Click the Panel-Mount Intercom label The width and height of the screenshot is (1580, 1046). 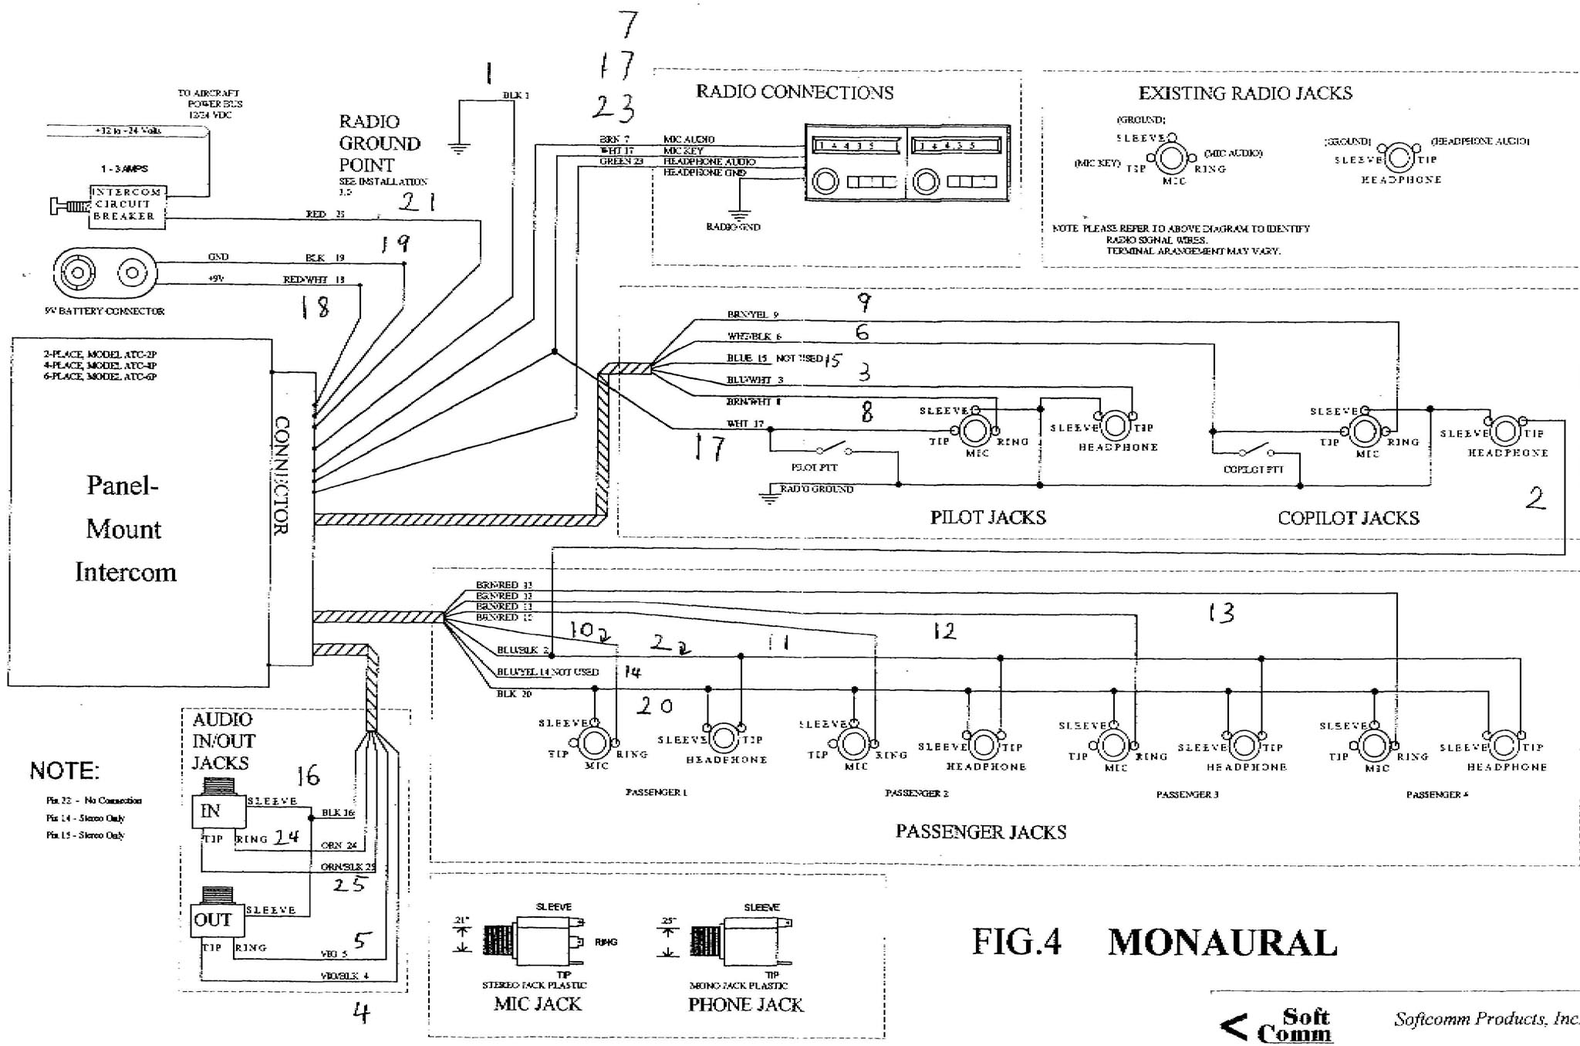pyautogui.click(x=124, y=529)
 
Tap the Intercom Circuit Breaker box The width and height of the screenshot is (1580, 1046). pyautogui.click(x=127, y=205)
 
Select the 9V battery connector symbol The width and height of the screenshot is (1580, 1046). pyautogui.click(x=105, y=273)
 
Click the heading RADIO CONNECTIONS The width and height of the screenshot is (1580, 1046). pyautogui.click(x=795, y=93)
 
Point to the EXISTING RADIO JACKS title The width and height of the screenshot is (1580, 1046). pyautogui.click(x=1245, y=93)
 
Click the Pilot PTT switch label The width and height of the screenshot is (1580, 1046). pyautogui.click(x=814, y=467)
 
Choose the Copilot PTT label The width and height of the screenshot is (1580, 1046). pyautogui.click(x=1253, y=469)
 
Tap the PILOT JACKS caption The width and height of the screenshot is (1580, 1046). pyautogui.click(x=987, y=517)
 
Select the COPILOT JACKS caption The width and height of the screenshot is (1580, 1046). pyautogui.click(x=1348, y=518)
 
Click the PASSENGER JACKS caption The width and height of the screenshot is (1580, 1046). pyautogui.click(x=981, y=832)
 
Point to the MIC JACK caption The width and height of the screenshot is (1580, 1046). pyautogui.click(x=538, y=1004)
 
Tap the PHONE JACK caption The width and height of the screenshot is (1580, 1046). pyautogui.click(x=745, y=1005)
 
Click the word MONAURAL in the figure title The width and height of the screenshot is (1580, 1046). pyautogui.click(x=1222, y=943)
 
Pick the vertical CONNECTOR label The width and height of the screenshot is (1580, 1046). pyautogui.click(x=282, y=476)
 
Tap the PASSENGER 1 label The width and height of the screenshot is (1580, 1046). pyautogui.click(x=656, y=793)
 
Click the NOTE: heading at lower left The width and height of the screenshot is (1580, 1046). pyautogui.click(x=64, y=770)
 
